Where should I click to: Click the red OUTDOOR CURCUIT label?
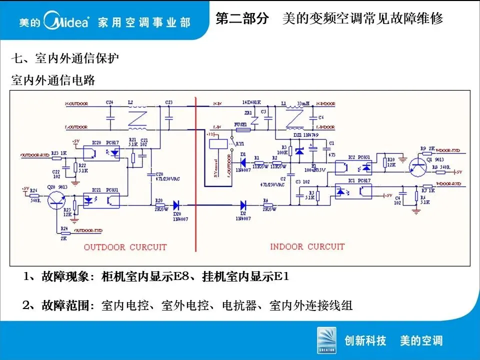(x=125, y=247)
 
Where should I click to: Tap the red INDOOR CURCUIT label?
(x=307, y=246)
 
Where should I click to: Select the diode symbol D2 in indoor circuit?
(x=243, y=204)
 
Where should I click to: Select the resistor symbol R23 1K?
(x=57, y=157)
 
